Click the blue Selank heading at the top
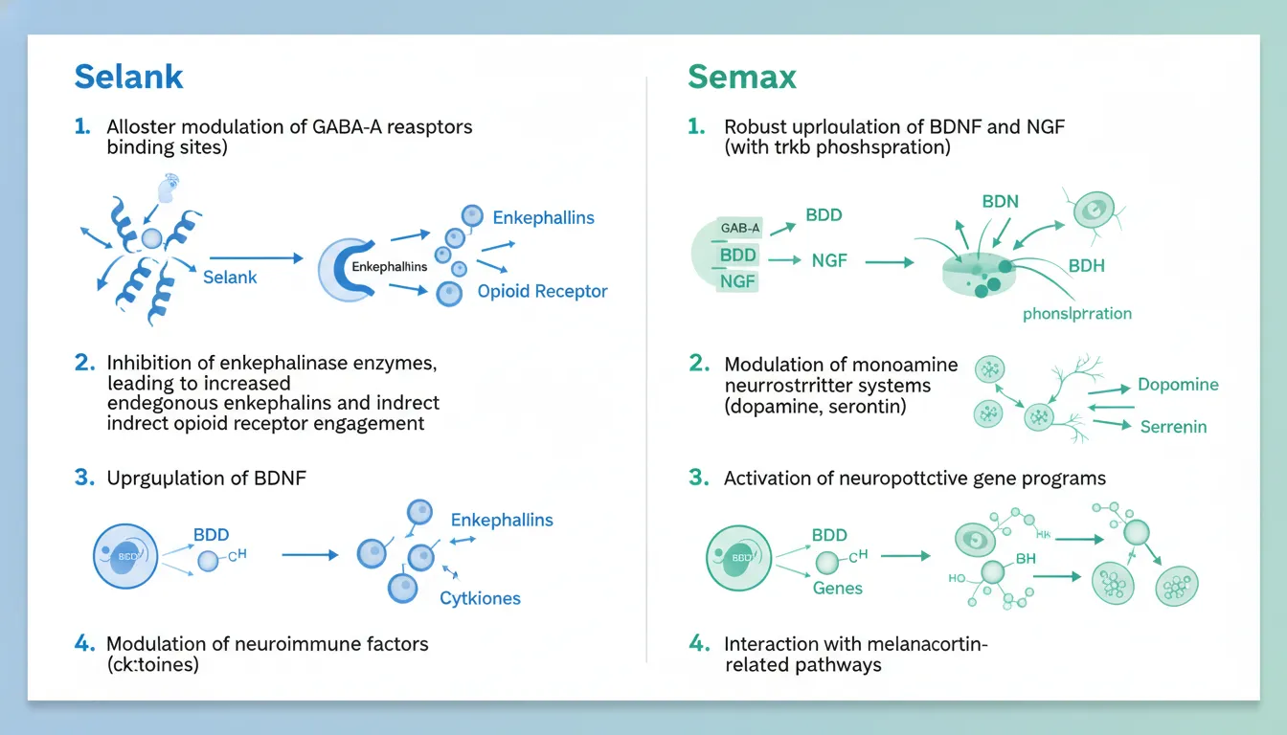tap(128, 78)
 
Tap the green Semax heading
tap(741, 78)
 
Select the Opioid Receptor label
tap(542, 291)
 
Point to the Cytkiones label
tap(480, 598)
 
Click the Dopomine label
tap(1178, 385)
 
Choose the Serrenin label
tap(1173, 426)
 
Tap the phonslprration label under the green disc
tap(1076, 313)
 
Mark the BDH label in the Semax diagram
tap(1086, 265)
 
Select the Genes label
tap(837, 588)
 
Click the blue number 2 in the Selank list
tap(84, 363)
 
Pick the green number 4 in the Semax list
tap(698, 644)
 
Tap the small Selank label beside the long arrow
tap(230, 277)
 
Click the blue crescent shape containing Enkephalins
tap(335, 267)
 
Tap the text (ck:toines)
tap(152, 664)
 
